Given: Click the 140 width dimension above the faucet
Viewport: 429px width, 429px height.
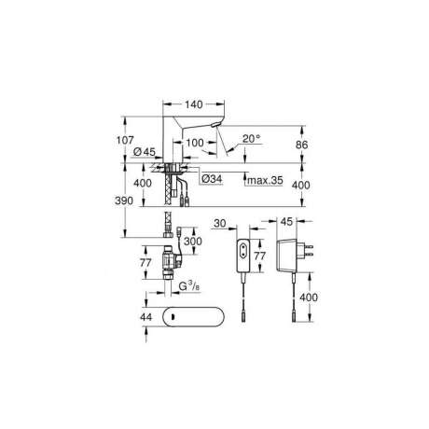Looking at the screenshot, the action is [x=194, y=104].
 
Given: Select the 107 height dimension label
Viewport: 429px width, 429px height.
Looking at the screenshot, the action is [x=125, y=140].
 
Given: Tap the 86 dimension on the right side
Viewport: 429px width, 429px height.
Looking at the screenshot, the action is [x=301, y=145].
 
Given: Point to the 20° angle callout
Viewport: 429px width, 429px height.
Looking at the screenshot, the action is [x=252, y=139].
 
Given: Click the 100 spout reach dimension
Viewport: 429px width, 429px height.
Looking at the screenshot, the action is [x=195, y=143].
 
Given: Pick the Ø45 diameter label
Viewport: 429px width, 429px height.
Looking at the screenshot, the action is [x=145, y=152].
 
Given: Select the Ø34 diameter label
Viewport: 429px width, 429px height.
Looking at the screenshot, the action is [x=212, y=179].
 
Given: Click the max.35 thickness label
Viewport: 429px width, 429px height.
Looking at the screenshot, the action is [x=265, y=180].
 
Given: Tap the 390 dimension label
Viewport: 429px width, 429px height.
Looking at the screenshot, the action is [x=124, y=201].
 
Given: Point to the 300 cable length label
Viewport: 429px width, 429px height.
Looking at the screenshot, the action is [x=193, y=241].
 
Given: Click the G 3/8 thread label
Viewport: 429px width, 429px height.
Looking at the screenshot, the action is [x=189, y=286].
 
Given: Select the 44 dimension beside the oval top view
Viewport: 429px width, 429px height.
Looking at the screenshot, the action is [x=146, y=317].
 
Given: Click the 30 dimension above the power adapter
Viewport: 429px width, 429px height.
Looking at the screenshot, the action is [x=220, y=223].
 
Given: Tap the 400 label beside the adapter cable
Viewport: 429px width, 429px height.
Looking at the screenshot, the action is [x=309, y=298].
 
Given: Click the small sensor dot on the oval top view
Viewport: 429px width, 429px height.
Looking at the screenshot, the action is [x=172, y=317].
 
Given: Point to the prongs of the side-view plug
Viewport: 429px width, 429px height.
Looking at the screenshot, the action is [x=308, y=251].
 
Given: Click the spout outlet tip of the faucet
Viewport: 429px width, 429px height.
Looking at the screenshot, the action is [x=215, y=125].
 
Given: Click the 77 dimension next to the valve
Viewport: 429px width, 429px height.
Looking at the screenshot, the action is [x=145, y=263].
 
